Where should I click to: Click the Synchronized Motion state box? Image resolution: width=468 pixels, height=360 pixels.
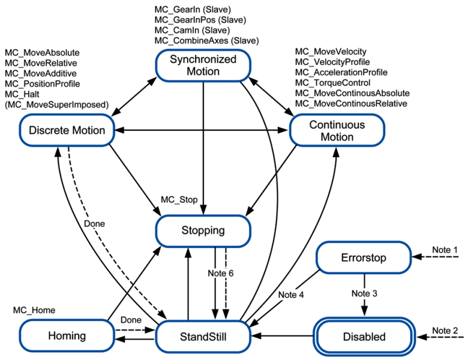coord(203,65)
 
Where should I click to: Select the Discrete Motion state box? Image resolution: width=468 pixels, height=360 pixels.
coord(67,130)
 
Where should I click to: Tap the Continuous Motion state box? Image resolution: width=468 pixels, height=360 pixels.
coord(337,130)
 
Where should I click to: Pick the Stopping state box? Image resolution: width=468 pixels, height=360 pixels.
coord(203,231)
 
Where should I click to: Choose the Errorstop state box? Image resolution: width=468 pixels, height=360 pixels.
coord(364,257)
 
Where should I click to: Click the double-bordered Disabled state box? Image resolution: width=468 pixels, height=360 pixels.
coord(364,337)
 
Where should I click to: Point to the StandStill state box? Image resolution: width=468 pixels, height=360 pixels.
coord(203,337)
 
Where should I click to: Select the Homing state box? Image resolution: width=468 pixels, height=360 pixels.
coord(67,335)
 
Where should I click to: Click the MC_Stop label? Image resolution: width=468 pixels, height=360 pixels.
coord(179,200)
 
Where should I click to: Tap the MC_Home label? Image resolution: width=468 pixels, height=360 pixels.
coord(34,310)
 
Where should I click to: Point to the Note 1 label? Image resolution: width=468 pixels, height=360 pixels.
coord(445,250)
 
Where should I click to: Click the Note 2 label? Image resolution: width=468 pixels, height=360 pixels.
coord(445,331)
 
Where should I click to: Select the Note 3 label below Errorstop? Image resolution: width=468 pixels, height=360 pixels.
coord(364,293)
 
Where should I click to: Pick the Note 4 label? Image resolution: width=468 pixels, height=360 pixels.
coord(291,295)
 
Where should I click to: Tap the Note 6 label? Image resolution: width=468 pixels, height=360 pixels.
coord(221,273)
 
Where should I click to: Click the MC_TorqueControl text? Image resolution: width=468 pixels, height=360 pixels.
coord(332,83)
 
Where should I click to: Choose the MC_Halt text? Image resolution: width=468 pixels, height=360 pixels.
coord(22,94)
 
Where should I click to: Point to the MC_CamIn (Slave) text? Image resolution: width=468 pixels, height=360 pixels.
coord(192,30)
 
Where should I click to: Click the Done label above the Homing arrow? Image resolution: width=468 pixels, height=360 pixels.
coord(131,320)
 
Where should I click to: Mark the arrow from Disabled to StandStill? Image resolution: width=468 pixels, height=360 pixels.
coord(283,336)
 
